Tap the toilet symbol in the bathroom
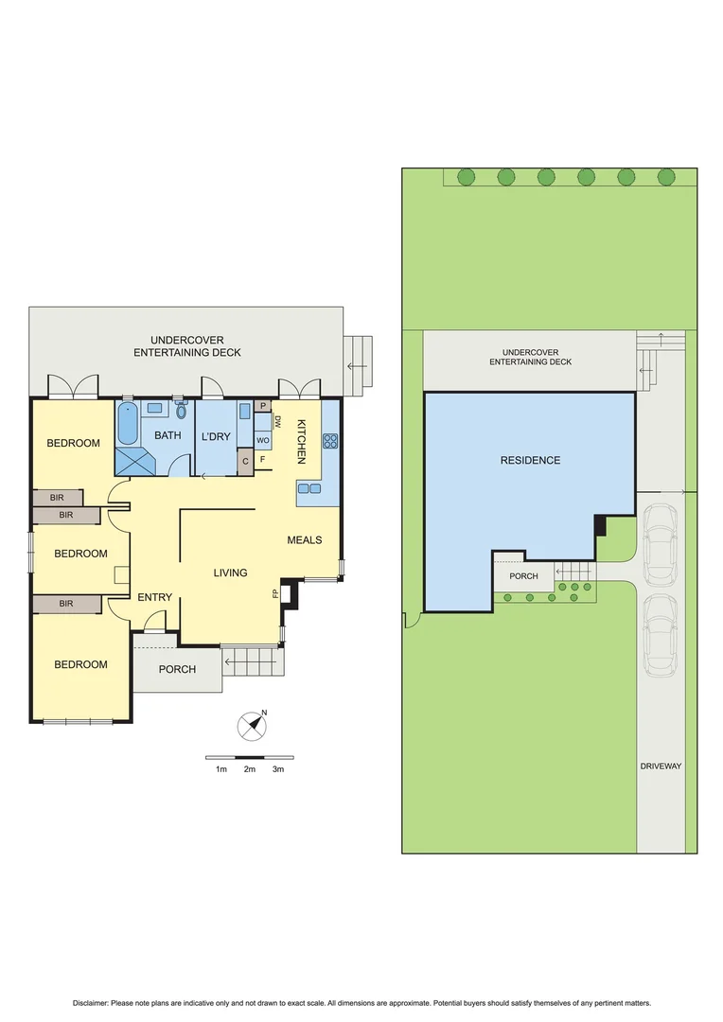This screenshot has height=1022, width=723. (181, 411)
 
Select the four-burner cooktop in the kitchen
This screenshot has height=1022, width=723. (331, 440)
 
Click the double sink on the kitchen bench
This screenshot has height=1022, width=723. (310, 488)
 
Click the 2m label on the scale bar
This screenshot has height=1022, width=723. (250, 769)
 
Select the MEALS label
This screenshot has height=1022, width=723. (305, 540)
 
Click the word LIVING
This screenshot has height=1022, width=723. (230, 573)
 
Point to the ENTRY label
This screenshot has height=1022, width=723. (154, 597)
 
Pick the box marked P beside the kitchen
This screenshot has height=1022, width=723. (262, 407)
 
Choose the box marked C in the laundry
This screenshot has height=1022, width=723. (246, 461)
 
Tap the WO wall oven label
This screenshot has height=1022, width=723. (262, 440)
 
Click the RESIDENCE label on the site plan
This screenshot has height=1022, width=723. (530, 461)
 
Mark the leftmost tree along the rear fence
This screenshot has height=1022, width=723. (466, 177)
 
